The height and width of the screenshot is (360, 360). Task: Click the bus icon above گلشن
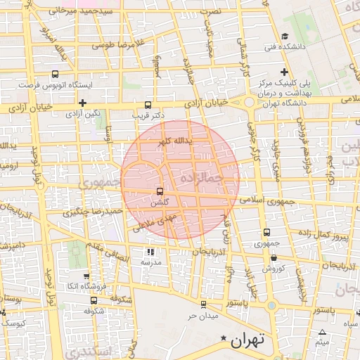click(160, 191)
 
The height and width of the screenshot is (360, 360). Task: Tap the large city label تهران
click(247, 340)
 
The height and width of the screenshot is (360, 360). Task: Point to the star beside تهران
click(224, 340)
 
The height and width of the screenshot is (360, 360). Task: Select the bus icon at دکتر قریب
click(147, 104)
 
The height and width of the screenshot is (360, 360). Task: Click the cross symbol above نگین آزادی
click(83, 103)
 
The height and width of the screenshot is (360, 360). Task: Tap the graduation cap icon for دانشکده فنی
click(284, 37)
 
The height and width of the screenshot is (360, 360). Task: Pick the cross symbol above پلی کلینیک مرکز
click(284, 72)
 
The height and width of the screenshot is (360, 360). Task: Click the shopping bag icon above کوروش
click(273, 257)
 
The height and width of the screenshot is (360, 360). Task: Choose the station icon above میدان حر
click(204, 304)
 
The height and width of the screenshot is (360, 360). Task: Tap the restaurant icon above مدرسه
click(150, 251)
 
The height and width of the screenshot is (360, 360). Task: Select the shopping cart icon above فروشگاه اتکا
click(86, 276)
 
